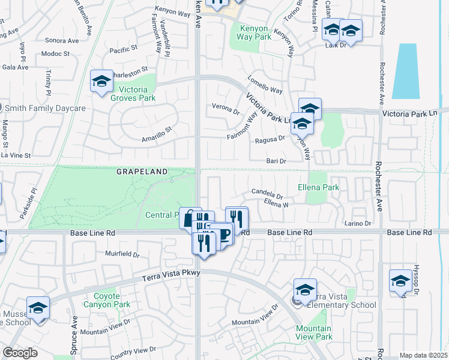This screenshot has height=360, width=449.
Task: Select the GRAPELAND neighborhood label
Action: point(142,172)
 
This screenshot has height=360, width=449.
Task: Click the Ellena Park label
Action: point(318,188)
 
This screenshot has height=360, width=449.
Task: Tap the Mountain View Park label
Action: point(313,332)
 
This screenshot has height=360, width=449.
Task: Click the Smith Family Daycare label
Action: point(46,109)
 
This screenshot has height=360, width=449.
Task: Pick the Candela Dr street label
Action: point(267,193)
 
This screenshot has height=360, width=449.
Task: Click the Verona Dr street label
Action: point(226,109)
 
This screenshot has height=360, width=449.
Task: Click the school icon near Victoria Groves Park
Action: point(101,82)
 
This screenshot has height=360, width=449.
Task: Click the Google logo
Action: point(20,353)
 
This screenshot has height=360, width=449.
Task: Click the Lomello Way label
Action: point(265,85)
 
